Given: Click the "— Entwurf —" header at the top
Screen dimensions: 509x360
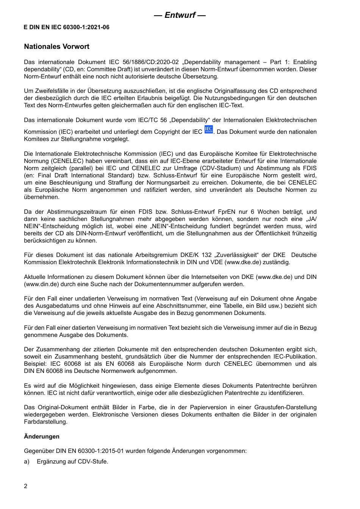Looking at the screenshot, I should [180, 15].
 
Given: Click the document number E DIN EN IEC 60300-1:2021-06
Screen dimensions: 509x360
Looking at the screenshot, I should [67, 27].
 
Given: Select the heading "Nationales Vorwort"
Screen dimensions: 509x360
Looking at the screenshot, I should [56, 47].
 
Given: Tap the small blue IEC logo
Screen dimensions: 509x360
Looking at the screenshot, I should [208, 130].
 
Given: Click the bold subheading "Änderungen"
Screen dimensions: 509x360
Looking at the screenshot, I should [42, 436].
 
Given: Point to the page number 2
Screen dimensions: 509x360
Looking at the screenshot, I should [26, 486].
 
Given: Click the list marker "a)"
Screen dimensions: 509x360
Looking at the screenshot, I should [27, 461].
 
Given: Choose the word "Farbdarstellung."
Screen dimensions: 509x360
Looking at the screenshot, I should [46, 422].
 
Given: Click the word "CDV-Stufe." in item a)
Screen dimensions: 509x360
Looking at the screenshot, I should [93, 461].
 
